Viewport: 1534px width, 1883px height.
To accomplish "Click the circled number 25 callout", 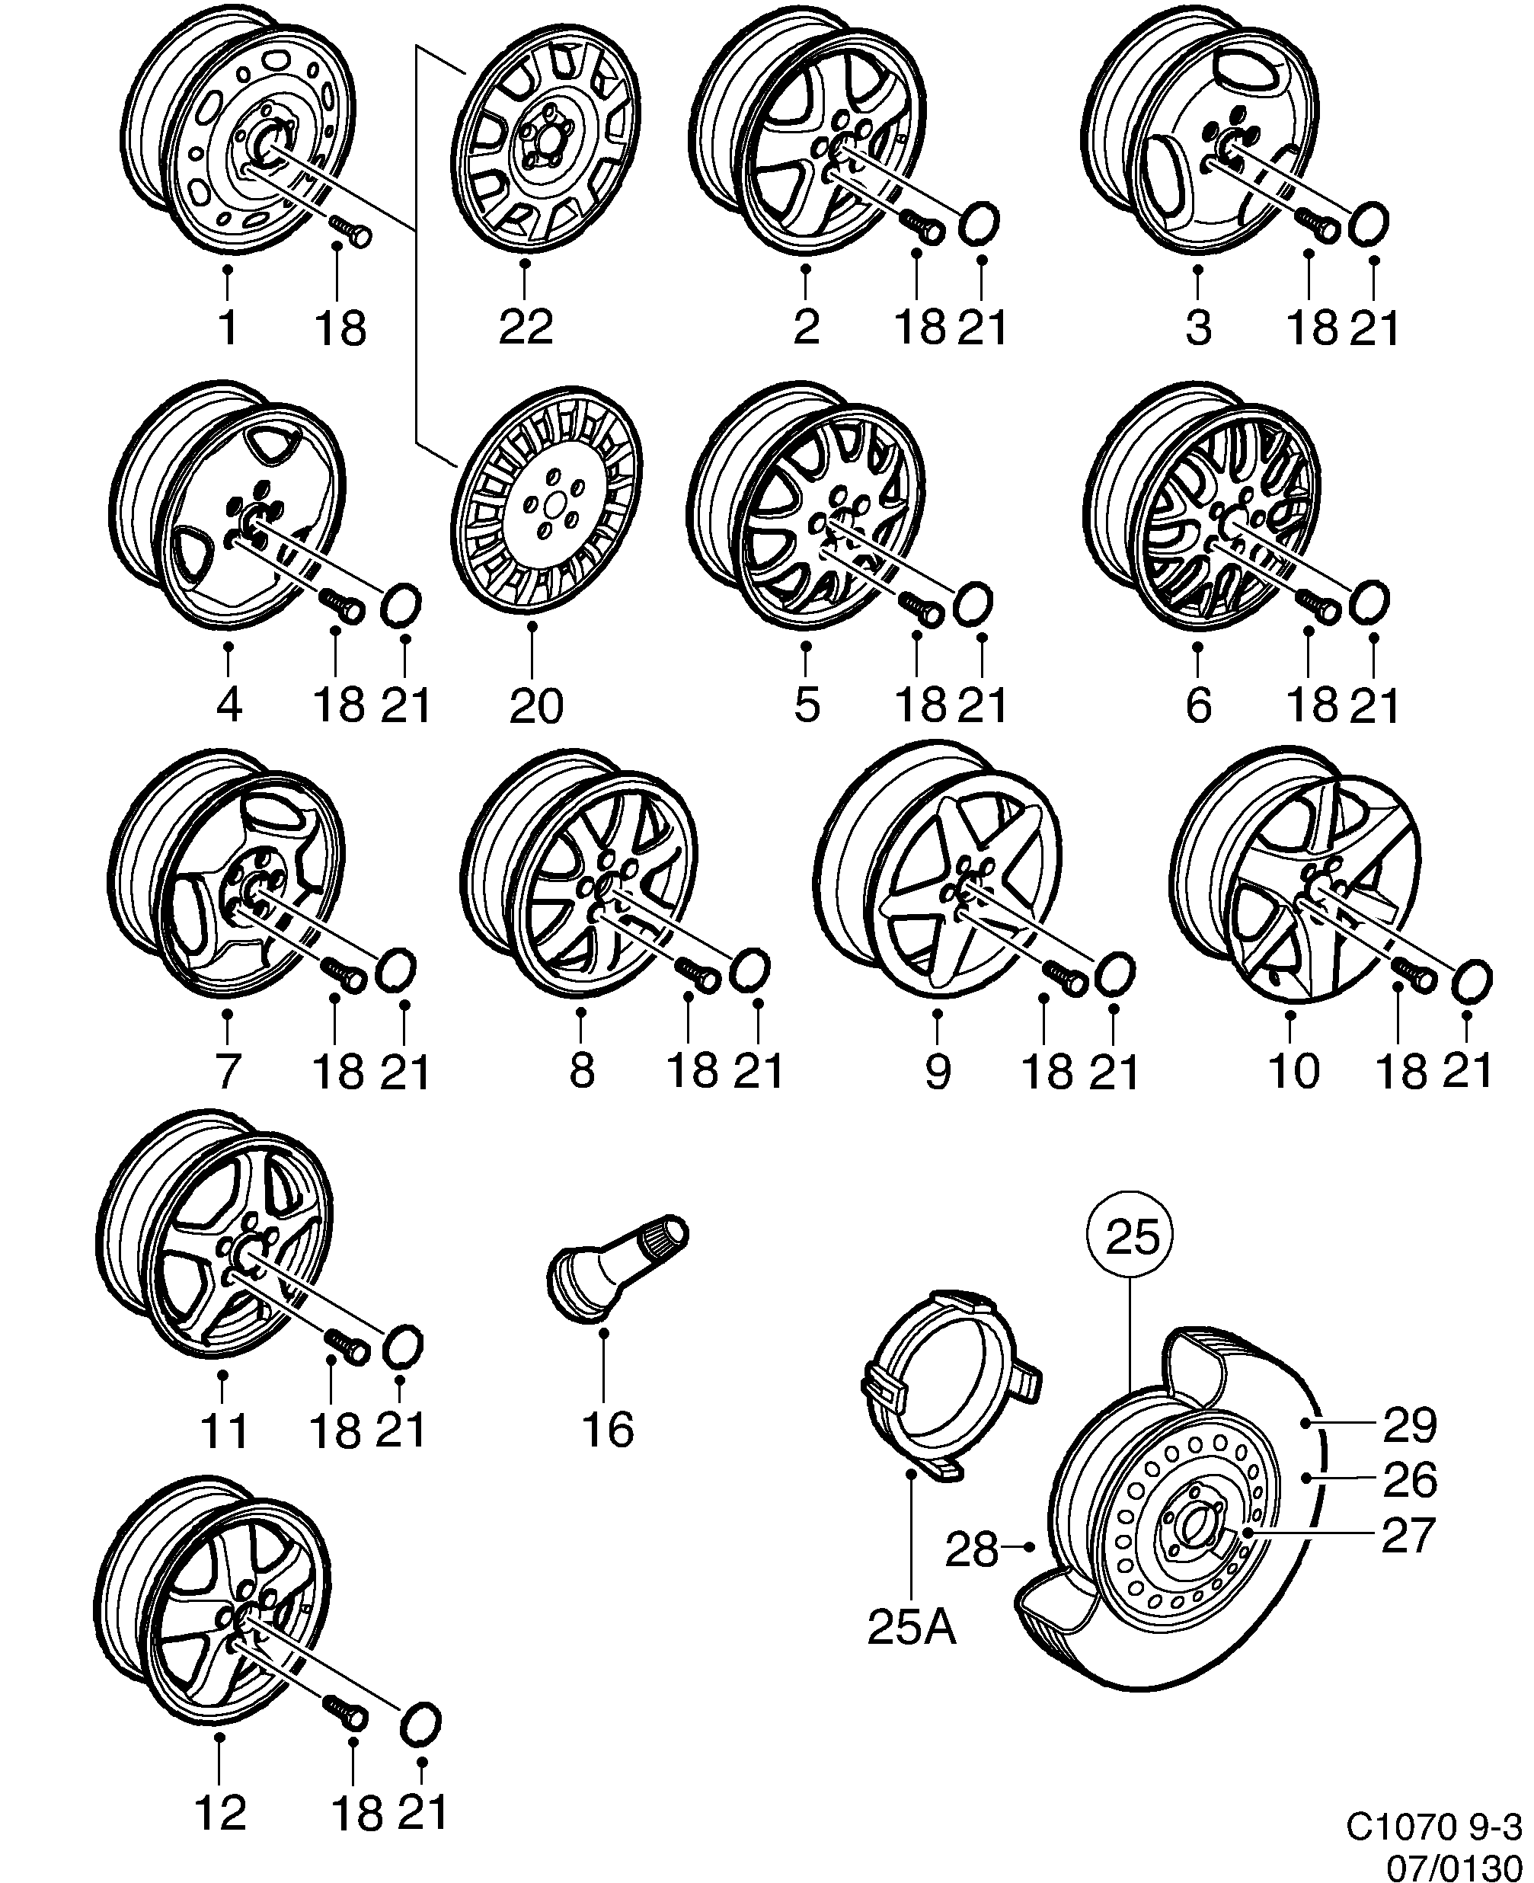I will (1132, 1237).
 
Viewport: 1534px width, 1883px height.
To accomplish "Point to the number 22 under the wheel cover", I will (526, 326).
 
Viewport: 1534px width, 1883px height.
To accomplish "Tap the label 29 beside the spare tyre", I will (1409, 1424).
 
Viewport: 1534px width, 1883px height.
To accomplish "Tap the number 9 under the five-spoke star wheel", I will (937, 1071).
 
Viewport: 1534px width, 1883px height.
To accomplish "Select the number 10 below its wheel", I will (1293, 1071).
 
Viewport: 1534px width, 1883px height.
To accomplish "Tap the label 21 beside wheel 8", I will (758, 1071).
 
